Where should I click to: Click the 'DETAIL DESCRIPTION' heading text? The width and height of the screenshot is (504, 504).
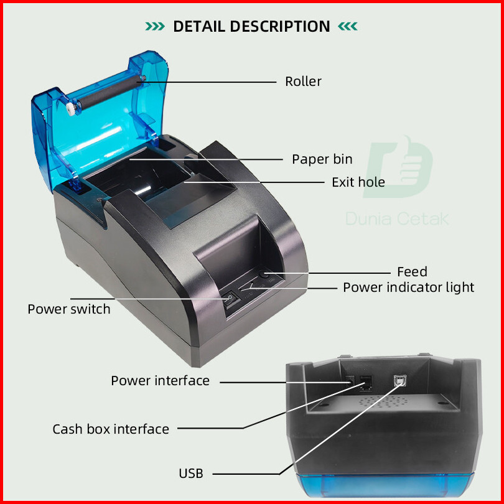click(251, 27)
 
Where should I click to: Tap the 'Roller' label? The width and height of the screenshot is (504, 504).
click(303, 82)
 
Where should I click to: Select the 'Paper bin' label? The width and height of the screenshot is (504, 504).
click(322, 159)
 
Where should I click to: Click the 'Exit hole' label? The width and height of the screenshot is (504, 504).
click(358, 182)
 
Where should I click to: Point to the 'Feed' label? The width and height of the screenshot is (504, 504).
click(412, 272)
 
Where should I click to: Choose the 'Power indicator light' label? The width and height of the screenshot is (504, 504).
click(408, 287)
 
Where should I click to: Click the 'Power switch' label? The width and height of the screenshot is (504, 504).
click(68, 309)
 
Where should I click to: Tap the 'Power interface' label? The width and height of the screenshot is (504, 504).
click(160, 381)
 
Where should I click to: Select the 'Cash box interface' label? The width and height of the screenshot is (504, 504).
click(110, 429)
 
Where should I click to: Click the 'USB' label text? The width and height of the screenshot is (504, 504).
click(191, 474)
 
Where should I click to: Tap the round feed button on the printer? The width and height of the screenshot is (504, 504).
click(265, 274)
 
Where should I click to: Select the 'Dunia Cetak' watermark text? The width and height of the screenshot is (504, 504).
click(397, 218)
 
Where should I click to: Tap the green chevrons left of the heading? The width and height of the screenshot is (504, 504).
click(155, 27)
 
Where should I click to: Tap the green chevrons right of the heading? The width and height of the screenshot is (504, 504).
click(348, 27)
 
